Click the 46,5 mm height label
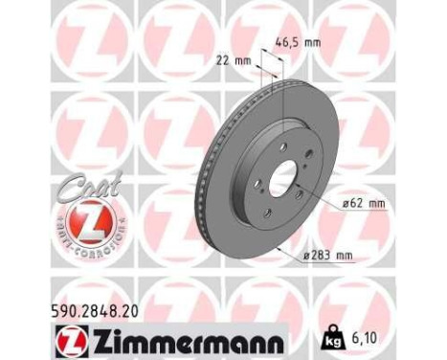301,42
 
